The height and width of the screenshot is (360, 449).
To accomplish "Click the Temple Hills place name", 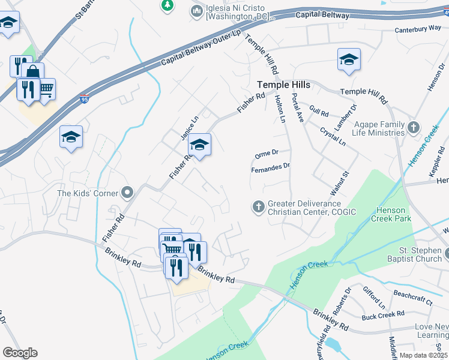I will point(283,85).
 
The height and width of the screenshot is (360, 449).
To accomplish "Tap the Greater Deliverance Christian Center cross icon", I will point(259,207).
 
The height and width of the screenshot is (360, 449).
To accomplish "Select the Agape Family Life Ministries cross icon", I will point(414,128).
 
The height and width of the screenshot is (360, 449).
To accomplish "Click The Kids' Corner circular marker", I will point(127,193).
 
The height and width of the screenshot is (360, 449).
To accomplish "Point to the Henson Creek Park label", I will point(394,215).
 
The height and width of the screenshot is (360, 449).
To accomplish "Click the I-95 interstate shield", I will point(85,101).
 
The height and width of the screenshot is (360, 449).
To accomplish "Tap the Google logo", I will point(20,353).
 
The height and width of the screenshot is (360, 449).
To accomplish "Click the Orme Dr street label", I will point(267,153).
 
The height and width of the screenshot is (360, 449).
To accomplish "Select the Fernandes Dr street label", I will point(270,167).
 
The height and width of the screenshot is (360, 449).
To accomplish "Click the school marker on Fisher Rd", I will point(200,146).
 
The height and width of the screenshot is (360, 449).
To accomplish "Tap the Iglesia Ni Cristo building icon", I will point(196,11).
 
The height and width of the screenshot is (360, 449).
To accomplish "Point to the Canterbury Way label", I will point(418,29).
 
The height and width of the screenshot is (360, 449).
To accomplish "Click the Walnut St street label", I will point(339,184).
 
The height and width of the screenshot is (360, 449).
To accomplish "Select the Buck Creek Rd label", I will point(382,315).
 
